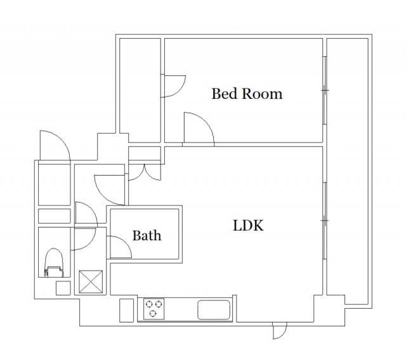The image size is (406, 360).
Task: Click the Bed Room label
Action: [247, 94]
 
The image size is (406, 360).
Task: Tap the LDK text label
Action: [248, 225]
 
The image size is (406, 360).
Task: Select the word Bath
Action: [147, 235]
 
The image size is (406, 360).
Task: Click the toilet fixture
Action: [53, 263]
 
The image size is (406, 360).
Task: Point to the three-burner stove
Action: [154, 309]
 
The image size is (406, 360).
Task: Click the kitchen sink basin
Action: [214, 309]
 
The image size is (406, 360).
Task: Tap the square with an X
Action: [91, 281]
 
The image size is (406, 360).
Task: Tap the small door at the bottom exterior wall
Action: [280, 330]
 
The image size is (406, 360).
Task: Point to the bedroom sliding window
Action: [325, 90]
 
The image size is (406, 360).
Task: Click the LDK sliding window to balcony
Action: [325, 221]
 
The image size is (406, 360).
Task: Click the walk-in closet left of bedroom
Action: [140, 90]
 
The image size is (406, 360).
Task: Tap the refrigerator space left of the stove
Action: [127, 311]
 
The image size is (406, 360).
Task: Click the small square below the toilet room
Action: [63, 288]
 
